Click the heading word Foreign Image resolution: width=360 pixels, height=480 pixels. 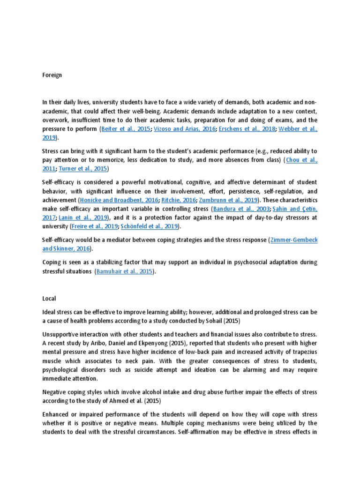52,75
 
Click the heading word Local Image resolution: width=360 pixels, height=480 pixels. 49,298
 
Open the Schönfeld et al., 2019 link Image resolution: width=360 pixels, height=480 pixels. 149,226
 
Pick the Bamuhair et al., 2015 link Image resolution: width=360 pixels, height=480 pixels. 124,271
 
